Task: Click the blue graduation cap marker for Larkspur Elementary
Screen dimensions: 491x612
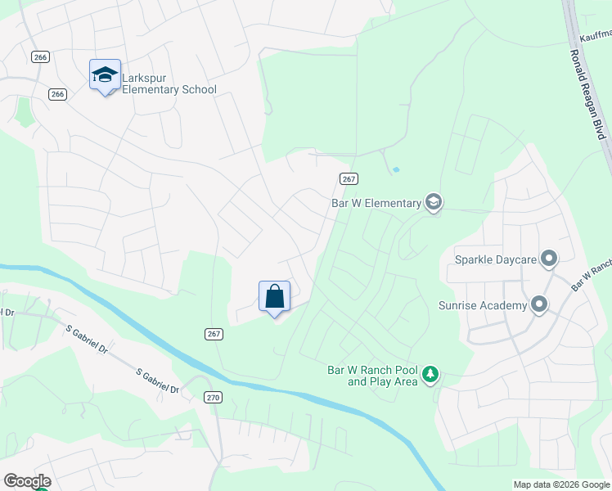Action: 105,75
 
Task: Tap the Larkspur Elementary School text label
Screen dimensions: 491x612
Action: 169,83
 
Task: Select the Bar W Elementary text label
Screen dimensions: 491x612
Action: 376,202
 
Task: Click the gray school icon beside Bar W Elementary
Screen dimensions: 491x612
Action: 433,202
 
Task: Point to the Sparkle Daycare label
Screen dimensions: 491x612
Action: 495,259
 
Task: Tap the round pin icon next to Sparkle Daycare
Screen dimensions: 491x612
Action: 548,259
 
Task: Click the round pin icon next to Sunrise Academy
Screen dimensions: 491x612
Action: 538,305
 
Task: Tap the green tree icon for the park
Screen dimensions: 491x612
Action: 430,376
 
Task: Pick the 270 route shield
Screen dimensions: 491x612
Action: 213,397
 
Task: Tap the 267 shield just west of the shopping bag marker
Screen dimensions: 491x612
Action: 213,333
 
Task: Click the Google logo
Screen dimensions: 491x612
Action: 26,481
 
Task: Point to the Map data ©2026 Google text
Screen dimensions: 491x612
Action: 560,484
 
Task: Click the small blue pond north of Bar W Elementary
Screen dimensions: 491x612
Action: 396,169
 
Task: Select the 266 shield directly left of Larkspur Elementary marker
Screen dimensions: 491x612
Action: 56,94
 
